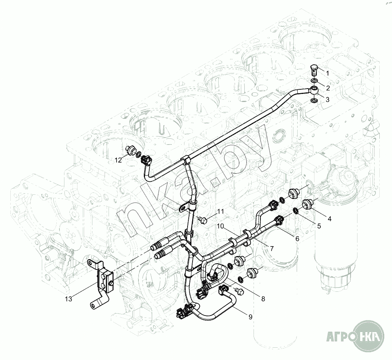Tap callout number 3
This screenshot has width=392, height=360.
pyautogui.click(x=327, y=100)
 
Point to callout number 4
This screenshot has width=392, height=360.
pyautogui.click(x=329, y=219)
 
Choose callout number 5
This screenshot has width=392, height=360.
pyautogui.click(x=319, y=226)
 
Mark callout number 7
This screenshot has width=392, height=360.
pyautogui.click(x=272, y=248)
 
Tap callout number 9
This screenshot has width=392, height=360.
pyautogui.click(x=250, y=317)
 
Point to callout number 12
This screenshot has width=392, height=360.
pyautogui.click(x=119, y=160)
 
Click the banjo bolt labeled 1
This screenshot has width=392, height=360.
pyautogui.click(x=314, y=70)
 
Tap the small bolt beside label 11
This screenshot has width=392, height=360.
pyautogui.click(x=203, y=219)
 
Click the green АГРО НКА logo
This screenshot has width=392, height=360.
pyautogui.click(x=355, y=338)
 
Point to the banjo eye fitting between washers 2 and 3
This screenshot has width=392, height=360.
pyautogui.click(x=314, y=90)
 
